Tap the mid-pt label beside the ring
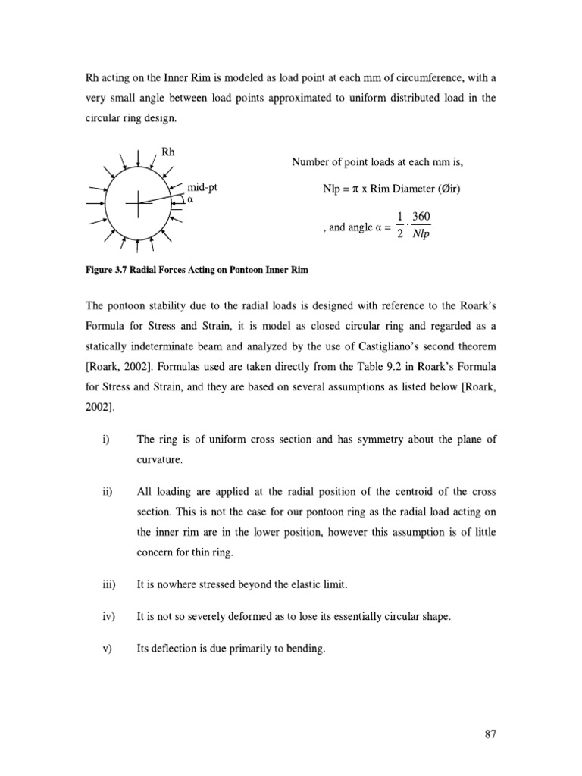click(202, 186)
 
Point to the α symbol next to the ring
click(191, 200)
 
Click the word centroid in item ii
click(403, 492)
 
